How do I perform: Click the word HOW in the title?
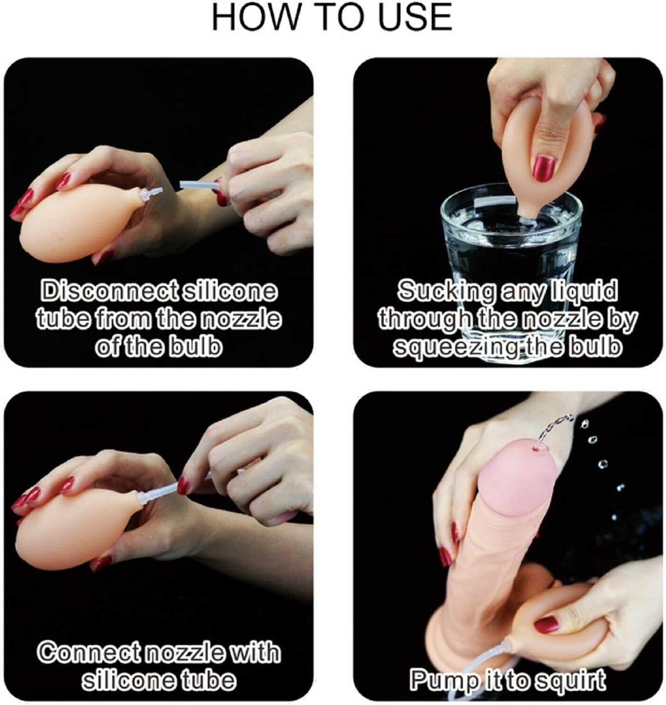click(x=255, y=17)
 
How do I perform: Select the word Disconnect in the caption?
click(x=109, y=291)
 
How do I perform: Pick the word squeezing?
click(x=454, y=347)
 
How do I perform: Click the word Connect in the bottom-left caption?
click(x=90, y=652)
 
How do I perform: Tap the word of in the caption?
click(x=106, y=347)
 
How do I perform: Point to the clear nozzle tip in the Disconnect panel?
click(x=151, y=194)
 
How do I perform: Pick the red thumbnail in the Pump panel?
click(x=546, y=625)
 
